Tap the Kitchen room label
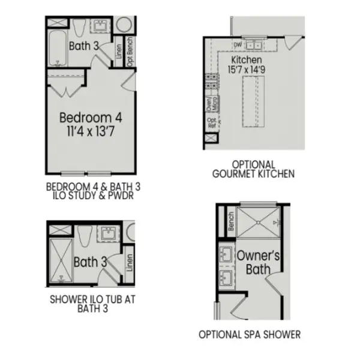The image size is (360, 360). point(246,61)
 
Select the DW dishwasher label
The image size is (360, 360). point(237,44)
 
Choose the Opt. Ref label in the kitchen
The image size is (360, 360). point(211,123)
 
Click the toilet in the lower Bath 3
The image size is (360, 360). point(83,236)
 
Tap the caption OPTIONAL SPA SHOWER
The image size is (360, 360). point(250,334)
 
